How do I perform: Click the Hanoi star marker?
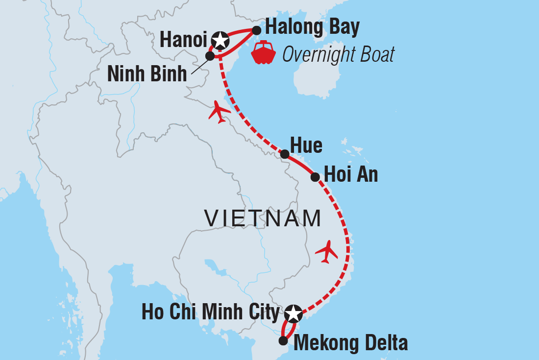220,40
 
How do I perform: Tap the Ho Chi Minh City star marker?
293,312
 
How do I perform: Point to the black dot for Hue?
284,154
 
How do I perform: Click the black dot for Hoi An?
315,177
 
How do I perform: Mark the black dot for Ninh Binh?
210,56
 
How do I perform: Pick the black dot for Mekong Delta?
283,340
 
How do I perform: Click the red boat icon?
264,52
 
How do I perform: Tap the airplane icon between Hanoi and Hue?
219,112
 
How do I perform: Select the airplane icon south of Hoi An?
327,252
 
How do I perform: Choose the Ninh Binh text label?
147,74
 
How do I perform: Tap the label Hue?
306,145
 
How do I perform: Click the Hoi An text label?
351,175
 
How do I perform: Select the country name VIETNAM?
263,218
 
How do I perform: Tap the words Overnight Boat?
338,55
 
